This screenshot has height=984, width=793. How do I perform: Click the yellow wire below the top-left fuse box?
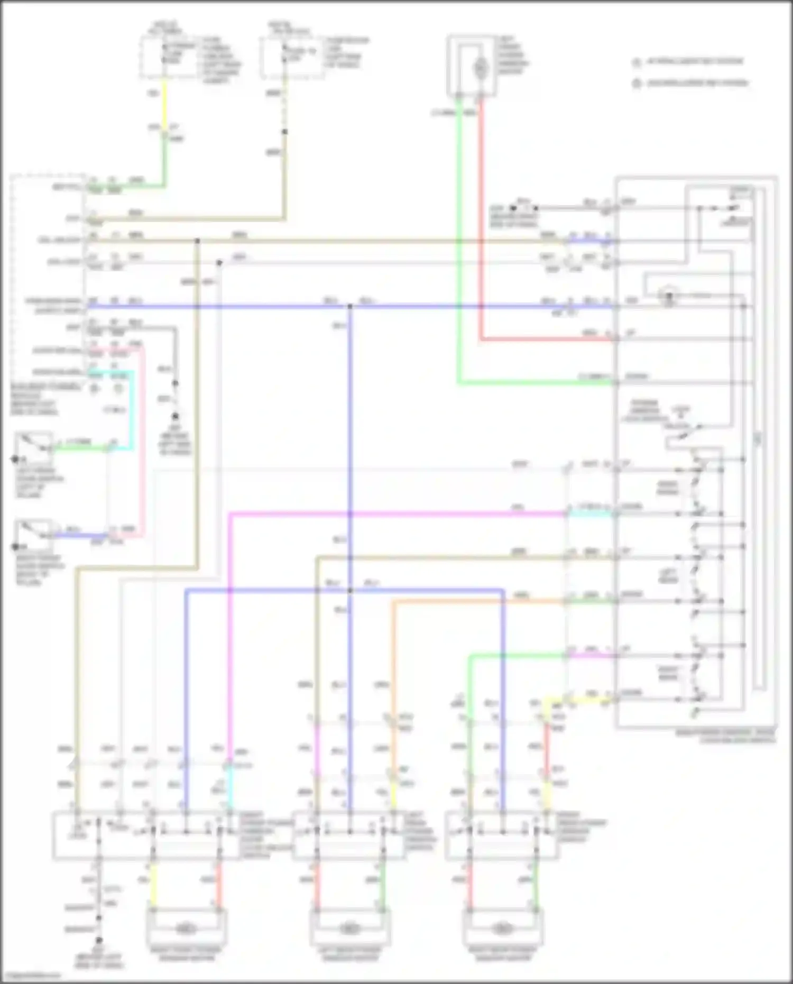(164, 103)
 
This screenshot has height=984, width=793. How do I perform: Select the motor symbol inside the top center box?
(480, 68)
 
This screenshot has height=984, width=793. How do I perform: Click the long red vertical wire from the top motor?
(481, 222)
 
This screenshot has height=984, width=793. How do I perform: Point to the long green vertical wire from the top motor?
(458, 238)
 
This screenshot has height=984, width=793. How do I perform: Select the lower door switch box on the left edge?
(33, 535)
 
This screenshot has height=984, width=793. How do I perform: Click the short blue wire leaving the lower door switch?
(79, 536)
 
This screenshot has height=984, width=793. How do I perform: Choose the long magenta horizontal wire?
(396, 513)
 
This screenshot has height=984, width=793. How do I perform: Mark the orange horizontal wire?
(476, 601)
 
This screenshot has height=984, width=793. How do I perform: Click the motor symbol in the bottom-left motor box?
(186, 928)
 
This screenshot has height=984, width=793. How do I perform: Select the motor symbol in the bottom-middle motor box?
(349, 928)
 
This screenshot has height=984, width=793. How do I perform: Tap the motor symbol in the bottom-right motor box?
(502, 928)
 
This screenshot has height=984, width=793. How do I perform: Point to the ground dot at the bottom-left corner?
(98, 941)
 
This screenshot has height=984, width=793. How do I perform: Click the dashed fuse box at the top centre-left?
(292, 57)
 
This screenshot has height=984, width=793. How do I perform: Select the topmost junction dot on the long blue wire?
(350, 306)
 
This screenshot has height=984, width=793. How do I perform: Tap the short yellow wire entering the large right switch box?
(587, 702)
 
